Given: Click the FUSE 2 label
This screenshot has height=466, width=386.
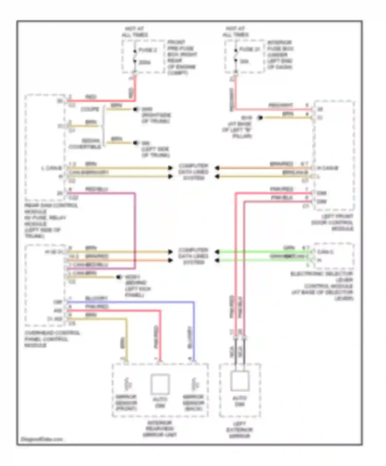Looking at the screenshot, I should (148, 50).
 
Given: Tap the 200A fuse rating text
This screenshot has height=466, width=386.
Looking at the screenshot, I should (145, 62).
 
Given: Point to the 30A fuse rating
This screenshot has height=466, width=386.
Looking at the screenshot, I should (244, 62).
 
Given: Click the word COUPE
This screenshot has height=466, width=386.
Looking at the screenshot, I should (90, 109).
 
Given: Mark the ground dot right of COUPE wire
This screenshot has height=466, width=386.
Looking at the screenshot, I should (135, 109).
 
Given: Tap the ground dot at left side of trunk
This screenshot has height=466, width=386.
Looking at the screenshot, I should (136, 143).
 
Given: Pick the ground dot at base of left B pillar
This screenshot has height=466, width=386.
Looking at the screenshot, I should (260, 118).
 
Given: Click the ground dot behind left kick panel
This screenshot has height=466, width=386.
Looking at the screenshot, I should (119, 277).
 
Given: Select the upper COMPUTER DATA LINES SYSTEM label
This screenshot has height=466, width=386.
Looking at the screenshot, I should (194, 172).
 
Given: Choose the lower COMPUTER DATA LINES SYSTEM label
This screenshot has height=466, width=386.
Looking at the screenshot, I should (194, 256).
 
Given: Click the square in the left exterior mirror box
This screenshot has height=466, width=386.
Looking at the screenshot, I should (240, 381).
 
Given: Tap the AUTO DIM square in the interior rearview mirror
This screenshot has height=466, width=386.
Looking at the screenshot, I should (160, 384).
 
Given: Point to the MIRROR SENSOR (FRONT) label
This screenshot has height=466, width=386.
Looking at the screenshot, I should (126, 403).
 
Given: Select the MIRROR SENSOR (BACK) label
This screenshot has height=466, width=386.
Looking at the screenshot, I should (193, 403).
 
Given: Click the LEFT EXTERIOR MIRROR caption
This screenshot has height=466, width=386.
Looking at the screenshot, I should (240, 430).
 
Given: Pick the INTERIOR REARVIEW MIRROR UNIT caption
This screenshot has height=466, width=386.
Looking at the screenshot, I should (160, 429).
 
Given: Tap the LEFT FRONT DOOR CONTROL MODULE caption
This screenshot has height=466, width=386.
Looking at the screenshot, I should (332, 222).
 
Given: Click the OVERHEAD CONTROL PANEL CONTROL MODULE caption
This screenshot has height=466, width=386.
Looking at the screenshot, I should (51, 339).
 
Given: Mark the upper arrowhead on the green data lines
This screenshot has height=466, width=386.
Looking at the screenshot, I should (217, 252).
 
